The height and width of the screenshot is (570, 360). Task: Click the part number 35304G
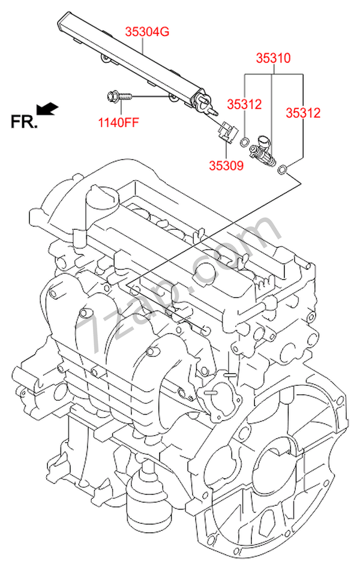(x=147, y=32)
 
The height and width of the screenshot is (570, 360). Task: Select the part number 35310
(x=274, y=58)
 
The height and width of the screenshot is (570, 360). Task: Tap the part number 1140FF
(x=119, y=122)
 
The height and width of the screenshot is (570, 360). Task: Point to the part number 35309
(x=226, y=166)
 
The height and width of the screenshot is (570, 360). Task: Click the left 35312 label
(x=244, y=104)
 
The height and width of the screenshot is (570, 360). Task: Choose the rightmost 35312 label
(x=303, y=113)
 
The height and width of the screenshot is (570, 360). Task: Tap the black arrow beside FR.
(x=47, y=109)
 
